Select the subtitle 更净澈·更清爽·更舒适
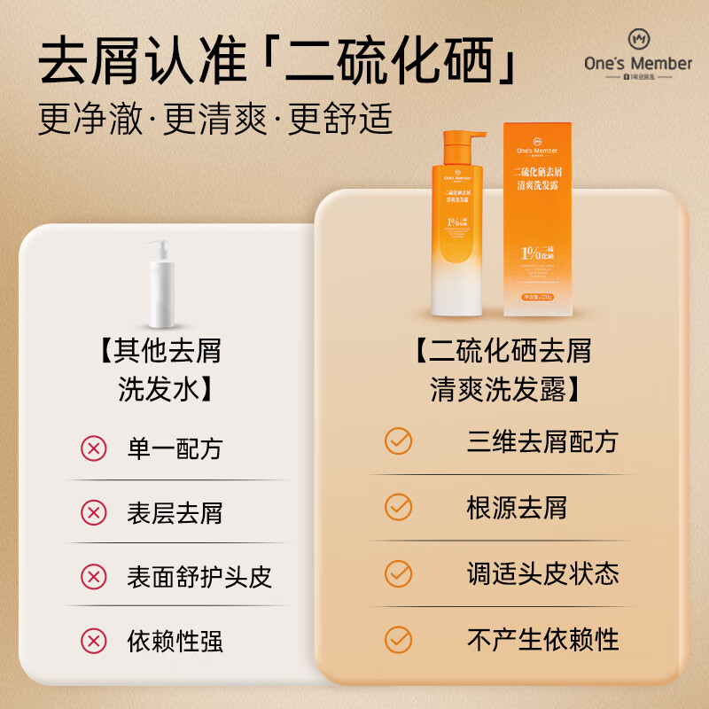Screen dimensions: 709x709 (x=215, y=120)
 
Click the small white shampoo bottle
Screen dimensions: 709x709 (x=166, y=283)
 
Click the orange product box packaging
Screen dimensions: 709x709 (x=538, y=220)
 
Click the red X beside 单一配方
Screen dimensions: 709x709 (x=93, y=448)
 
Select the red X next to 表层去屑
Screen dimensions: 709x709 (x=93, y=512)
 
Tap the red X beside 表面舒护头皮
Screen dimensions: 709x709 (x=93, y=577)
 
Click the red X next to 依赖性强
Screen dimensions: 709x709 (x=93, y=640)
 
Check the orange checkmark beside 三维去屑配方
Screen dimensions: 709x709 (x=399, y=441)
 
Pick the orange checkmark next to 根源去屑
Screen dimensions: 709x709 (x=399, y=507)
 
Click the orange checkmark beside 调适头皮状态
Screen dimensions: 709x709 (x=399, y=573)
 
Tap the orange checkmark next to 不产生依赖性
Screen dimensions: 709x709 (x=399, y=638)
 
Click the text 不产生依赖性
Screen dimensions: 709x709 (x=542, y=638)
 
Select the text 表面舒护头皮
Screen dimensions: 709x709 (x=199, y=577)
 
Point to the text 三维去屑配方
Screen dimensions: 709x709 (x=542, y=441)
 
